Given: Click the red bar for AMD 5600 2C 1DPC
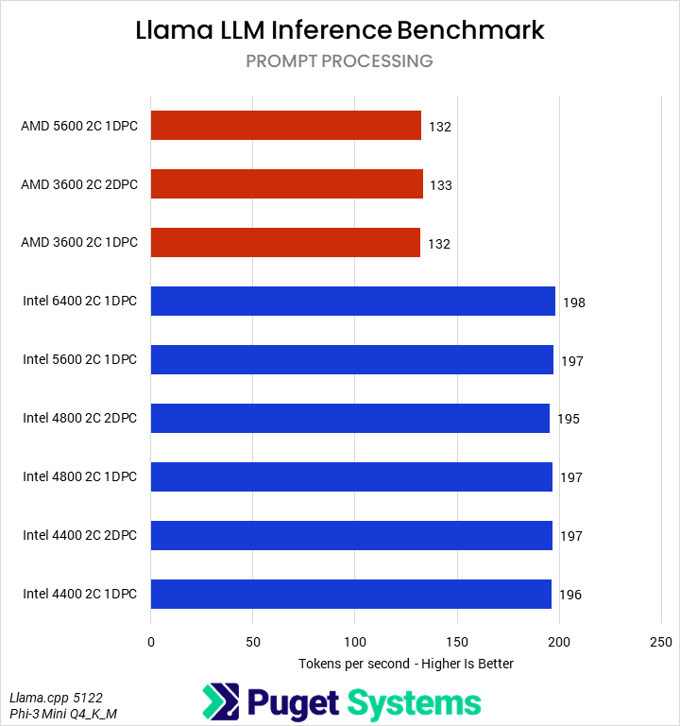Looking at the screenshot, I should click(285, 126).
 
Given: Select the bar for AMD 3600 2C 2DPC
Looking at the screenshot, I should click(286, 184).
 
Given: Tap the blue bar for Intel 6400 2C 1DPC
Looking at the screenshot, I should click(352, 302).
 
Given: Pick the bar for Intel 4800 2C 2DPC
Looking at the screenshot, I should click(349, 419).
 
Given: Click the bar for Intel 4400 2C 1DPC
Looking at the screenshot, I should click(350, 595).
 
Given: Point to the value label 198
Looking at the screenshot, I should click(573, 302).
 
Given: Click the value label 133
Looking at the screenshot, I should click(440, 185).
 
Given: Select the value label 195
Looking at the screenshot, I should click(569, 420).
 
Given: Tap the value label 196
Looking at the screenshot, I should click(569, 596).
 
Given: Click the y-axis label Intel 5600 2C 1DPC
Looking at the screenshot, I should click(79, 360).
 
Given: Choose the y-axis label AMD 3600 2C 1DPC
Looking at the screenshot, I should click(79, 243).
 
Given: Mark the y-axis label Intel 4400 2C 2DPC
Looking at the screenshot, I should click(79, 536).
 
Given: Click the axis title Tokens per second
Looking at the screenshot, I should click(405, 664).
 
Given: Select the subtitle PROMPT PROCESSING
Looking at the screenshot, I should click(339, 61).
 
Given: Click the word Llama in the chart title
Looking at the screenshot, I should click(172, 29).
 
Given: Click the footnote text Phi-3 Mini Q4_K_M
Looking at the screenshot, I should click(63, 714).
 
